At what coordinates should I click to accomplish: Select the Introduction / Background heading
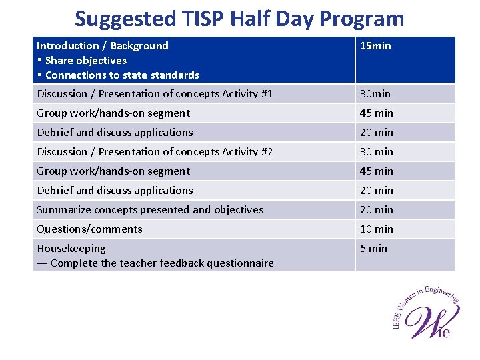point(103,45)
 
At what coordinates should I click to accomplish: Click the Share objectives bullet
point(85,60)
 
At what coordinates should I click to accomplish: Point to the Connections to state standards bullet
point(122,75)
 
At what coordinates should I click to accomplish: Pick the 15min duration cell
point(375,45)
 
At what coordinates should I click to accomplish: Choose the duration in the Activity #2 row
point(376,151)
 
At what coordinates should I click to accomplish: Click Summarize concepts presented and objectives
point(150,209)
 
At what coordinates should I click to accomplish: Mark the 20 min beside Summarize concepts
point(376,209)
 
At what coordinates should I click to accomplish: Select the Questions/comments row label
point(89,229)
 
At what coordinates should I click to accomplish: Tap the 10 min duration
point(376,229)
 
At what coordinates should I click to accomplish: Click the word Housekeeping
point(71,248)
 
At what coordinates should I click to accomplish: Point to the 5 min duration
point(373,248)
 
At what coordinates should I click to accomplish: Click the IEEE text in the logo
point(398,318)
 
